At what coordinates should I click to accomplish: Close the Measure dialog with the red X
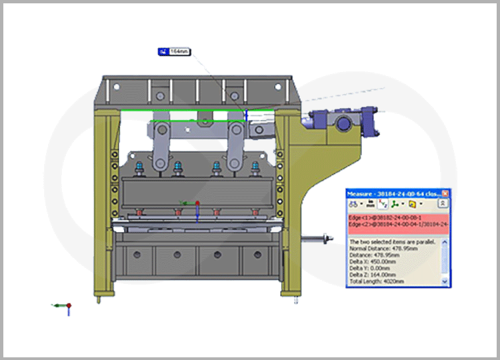tap(445, 193)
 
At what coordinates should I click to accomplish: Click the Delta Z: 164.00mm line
tap(373, 275)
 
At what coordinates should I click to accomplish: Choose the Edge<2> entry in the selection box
tap(393, 225)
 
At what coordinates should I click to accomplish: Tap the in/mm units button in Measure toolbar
tap(369, 203)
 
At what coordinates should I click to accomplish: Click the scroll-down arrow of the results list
tap(445, 282)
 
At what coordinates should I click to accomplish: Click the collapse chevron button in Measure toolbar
tap(441, 203)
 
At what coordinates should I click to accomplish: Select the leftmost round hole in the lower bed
tap(139, 255)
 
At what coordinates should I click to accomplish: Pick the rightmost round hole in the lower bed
tap(255, 255)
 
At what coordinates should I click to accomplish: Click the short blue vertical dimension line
tap(246, 115)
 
